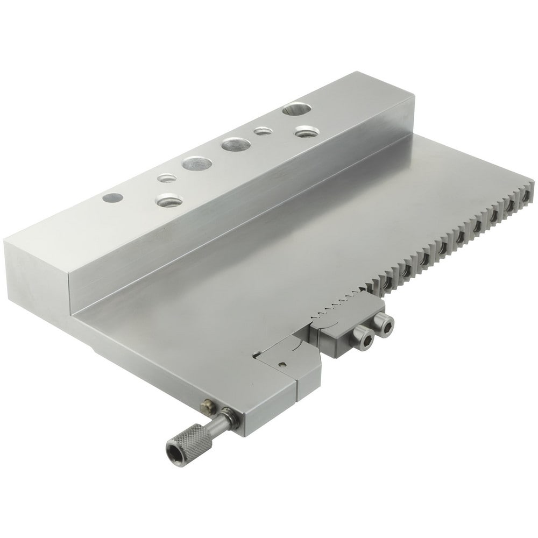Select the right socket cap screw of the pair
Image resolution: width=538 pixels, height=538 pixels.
pyautogui.click(x=385, y=324)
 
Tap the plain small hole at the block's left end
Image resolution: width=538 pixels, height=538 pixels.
pyautogui.click(x=111, y=198)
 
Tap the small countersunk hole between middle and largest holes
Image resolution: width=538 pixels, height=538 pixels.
pyautogui.click(x=263, y=131)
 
